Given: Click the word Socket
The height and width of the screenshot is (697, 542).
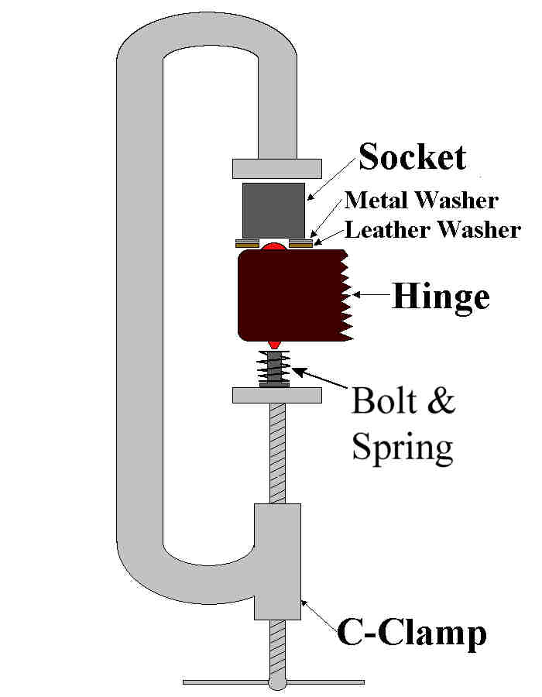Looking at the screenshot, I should [412, 158].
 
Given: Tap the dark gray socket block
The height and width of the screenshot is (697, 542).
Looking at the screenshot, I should [273, 210].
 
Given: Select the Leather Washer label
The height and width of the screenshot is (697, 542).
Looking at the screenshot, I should [432, 230].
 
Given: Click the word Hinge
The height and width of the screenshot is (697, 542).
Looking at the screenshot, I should [441, 297].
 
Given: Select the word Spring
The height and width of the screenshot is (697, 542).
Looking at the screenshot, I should [402, 448].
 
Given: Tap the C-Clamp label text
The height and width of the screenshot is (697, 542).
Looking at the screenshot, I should [412, 633].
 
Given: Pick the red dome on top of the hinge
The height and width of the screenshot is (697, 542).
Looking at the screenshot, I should [273, 246].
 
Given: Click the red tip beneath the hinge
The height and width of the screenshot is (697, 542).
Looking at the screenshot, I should [274, 343].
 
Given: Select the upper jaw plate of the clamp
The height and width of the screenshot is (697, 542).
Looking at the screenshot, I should [276, 167].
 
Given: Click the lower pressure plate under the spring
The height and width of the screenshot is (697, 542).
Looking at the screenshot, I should [276, 395].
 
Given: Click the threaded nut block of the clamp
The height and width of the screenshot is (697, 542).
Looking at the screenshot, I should [277, 561].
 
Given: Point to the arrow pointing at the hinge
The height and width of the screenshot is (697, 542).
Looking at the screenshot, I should [370, 295].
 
